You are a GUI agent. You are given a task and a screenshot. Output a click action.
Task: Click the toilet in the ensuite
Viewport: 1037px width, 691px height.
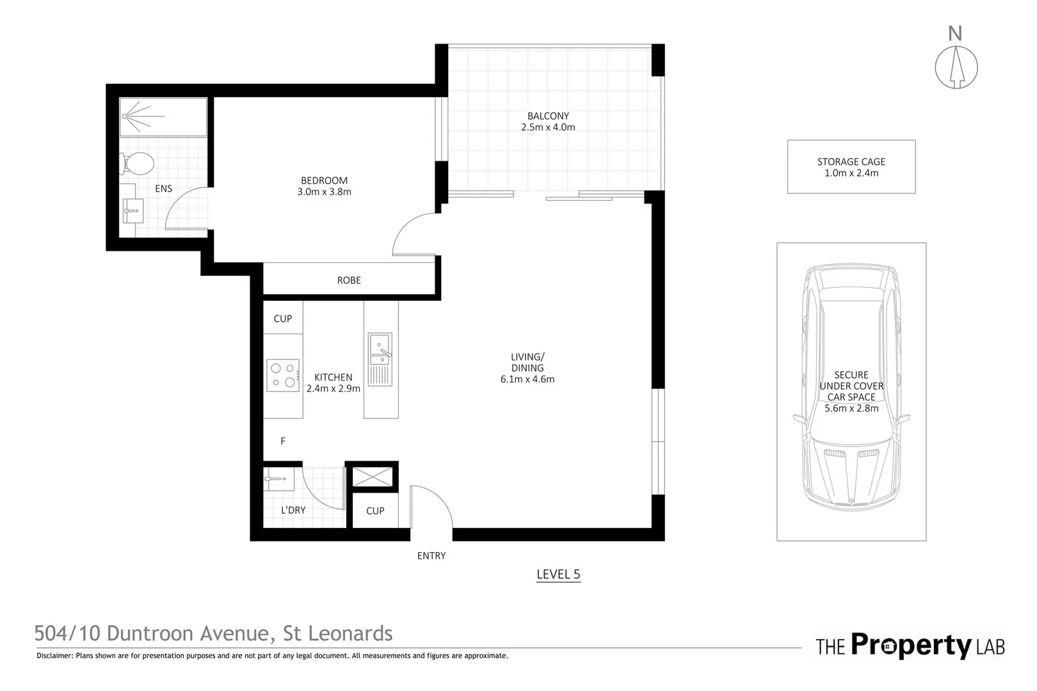click(x=136, y=164)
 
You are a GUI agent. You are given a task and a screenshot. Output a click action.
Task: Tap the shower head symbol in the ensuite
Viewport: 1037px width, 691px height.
click(x=128, y=116)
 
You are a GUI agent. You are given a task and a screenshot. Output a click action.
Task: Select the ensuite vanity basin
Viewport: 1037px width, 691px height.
click(x=134, y=209)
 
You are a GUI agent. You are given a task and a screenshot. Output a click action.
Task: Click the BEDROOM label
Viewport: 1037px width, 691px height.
click(x=324, y=180)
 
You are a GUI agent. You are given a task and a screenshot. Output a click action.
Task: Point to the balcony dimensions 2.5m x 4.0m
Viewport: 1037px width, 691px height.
click(x=548, y=127)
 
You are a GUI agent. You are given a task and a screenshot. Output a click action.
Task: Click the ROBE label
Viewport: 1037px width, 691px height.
click(x=349, y=280)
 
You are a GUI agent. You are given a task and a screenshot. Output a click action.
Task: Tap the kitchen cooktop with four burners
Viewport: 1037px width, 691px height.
click(x=283, y=375)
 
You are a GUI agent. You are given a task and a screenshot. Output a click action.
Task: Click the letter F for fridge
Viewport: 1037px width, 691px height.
click(x=283, y=441)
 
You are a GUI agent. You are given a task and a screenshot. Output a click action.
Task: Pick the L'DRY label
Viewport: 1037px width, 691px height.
click(x=293, y=510)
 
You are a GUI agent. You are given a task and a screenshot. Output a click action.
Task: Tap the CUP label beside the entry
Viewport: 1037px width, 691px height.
click(x=375, y=511)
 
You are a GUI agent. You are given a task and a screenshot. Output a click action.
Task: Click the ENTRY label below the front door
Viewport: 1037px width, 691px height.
click(x=431, y=556)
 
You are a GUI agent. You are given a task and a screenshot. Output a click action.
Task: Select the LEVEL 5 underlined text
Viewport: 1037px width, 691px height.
click(x=558, y=575)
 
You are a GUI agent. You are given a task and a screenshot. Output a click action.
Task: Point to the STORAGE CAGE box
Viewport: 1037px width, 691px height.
click(x=851, y=167)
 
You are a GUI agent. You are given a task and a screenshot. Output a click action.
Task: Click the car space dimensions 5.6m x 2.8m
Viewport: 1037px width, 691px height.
click(x=851, y=408)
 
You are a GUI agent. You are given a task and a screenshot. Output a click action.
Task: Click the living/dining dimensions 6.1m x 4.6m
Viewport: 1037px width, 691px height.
click(x=527, y=379)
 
